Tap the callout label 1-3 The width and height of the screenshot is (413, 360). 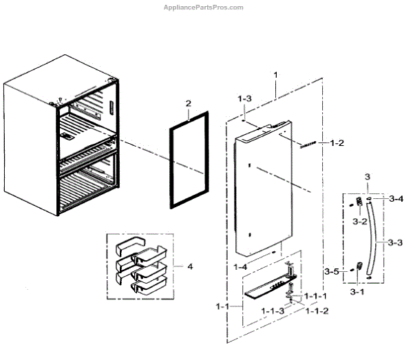[x=244, y=99]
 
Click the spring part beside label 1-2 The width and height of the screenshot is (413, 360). [x=308, y=145]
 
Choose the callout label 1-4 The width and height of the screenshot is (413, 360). [x=241, y=266]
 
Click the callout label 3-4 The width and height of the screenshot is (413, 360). [x=395, y=199]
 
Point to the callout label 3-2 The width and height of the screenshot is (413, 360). [x=360, y=222]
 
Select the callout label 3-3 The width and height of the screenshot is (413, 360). [x=395, y=242]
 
